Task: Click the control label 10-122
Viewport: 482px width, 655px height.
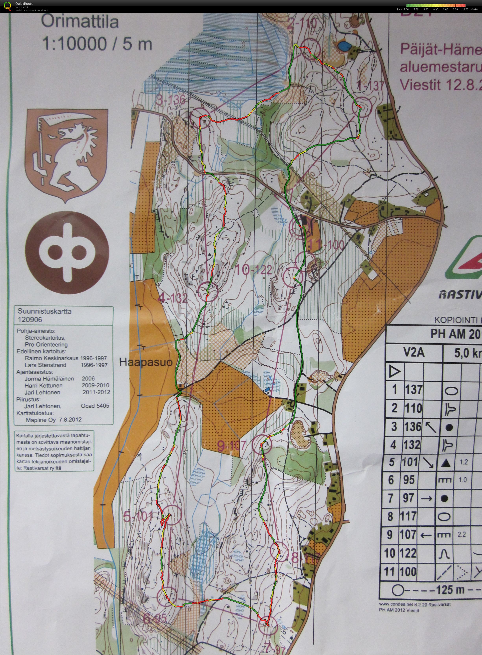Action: pyautogui.click(x=253, y=270)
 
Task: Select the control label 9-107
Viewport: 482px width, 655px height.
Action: pyautogui.click(x=232, y=445)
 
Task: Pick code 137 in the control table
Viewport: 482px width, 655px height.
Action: pyautogui.click(x=414, y=390)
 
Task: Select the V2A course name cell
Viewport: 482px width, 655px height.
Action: pyautogui.click(x=414, y=353)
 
